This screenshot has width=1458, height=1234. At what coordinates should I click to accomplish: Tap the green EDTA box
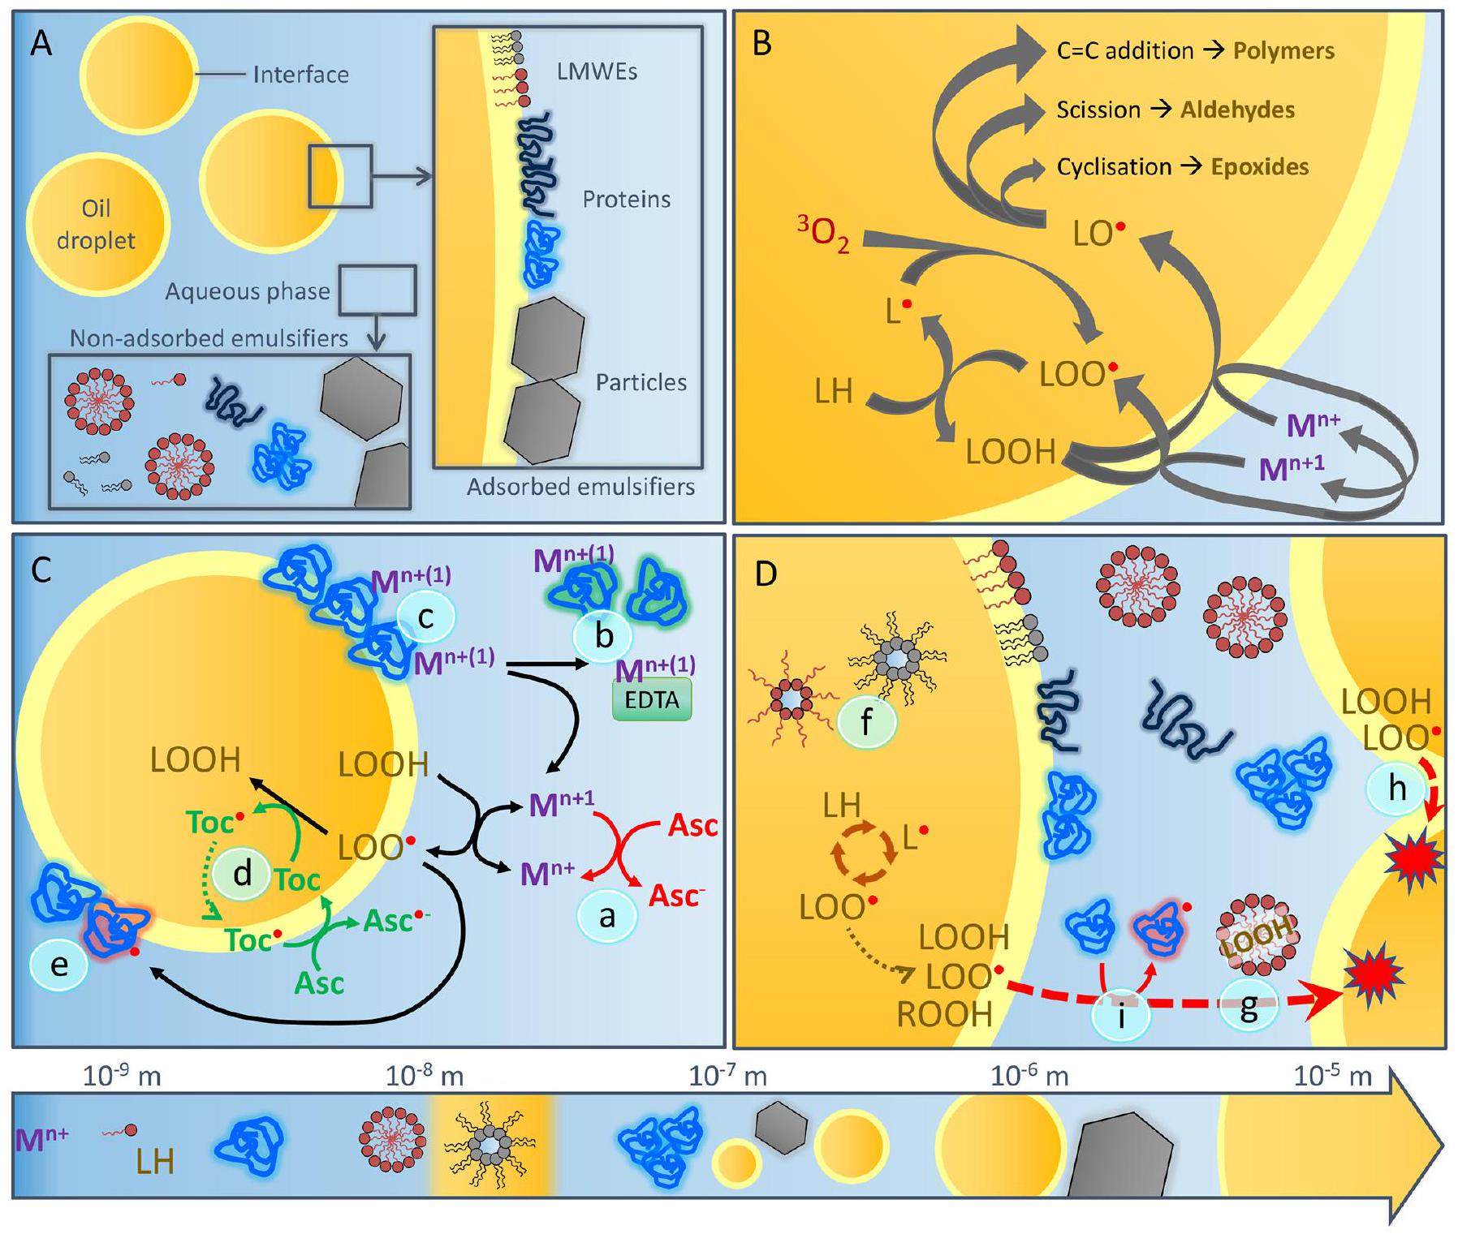(x=651, y=700)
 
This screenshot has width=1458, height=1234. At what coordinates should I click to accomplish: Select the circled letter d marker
(x=241, y=874)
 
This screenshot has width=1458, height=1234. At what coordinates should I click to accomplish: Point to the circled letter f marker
(x=865, y=721)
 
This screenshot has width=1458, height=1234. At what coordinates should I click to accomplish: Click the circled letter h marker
(x=1396, y=788)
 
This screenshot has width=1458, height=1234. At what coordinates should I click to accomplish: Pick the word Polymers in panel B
(x=1283, y=51)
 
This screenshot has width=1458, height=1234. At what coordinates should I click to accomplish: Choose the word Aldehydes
(x=1237, y=110)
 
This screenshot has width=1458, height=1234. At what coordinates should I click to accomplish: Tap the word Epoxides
(x=1259, y=167)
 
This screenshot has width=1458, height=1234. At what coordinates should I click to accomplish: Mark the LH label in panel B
(x=834, y=392)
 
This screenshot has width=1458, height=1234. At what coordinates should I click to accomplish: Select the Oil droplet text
(x=97, y=225)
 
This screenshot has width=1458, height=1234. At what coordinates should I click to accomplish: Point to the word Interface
(x=300, y=75)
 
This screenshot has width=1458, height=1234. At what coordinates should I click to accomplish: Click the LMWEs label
(x=597, y=71)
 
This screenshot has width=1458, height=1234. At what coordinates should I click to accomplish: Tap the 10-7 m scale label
(x=727, y=1076)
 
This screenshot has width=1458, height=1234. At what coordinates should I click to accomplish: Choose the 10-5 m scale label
(x=1332, y=1076)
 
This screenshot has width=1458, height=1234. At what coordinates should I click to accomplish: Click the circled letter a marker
(x=606, y=917)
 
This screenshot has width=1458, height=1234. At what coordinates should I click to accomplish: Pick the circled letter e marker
(x=58, y=965)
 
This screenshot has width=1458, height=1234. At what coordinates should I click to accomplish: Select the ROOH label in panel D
(x=945, y=1015)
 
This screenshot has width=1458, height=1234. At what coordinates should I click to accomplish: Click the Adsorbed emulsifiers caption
(x=580, y=487)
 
